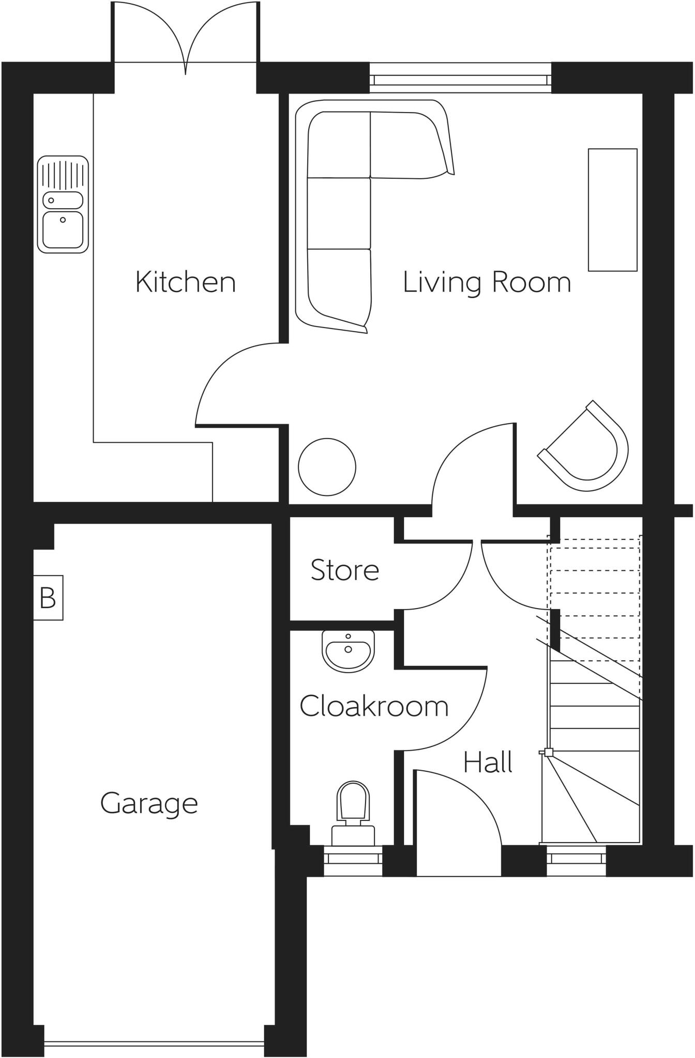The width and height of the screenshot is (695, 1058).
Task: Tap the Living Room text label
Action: click(487, 283)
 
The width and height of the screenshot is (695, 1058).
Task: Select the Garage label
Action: click(149, 803)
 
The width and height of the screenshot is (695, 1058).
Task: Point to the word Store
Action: click(345, 570)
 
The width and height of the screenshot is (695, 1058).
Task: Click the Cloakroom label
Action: click(374, 706)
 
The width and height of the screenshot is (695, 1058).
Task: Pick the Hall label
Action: click(488, 763)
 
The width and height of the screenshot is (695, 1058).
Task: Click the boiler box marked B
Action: click(48, 598)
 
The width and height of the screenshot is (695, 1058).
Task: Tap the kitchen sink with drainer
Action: click(63, 205)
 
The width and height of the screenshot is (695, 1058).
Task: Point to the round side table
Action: click(327, 467)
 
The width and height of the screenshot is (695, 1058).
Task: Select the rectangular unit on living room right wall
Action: click(612, 210)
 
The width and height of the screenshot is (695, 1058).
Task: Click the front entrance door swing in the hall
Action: click(455, 821)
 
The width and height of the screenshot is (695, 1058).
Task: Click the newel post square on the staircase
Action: click(549, 752)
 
